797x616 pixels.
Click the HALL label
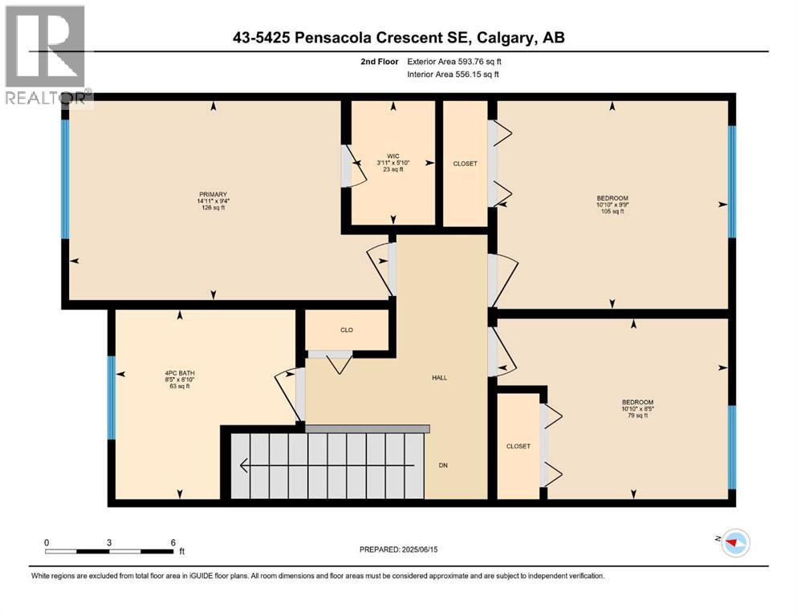click(439, 378)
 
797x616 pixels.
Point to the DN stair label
click(442, 464)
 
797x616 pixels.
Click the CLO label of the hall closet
click(347, 330)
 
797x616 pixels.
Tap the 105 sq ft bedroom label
click(612, 205)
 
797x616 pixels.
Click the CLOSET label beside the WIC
click(465, 164)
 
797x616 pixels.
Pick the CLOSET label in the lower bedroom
click(518, 446)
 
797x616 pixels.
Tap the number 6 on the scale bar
click(172, 542)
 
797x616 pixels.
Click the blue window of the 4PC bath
click(112, 398)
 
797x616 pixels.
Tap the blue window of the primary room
click(65, 178)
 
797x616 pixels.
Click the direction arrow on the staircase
click(321, 465)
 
